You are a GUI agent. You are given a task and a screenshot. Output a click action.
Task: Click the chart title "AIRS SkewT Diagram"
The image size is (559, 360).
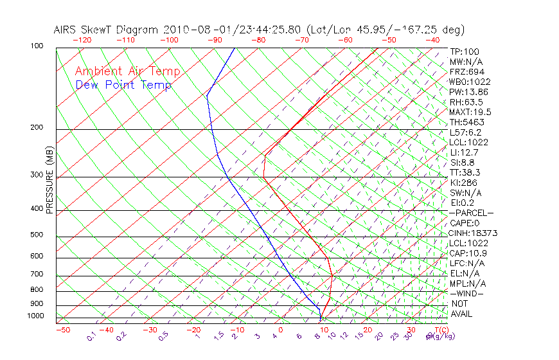click(107, 30)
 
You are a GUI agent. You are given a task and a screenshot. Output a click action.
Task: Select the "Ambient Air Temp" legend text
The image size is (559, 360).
click(127, 71)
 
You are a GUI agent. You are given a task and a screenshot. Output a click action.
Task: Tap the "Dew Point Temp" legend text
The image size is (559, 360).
click(123, 85)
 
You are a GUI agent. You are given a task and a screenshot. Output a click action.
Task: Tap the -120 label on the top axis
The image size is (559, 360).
click(82, 39)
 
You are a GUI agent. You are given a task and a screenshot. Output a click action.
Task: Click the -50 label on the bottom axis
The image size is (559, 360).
click(62, 330)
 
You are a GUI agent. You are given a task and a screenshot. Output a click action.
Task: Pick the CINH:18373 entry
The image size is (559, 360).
click(474, 233)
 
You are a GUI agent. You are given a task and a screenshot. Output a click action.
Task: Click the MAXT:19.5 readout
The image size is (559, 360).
click(470, 112)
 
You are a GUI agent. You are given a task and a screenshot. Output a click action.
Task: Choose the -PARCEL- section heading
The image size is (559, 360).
click(471, 213)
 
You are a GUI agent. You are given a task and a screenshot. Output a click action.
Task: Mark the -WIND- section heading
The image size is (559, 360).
click(466, 293)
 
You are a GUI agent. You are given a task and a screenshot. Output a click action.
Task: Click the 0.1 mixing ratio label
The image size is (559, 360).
click(91, 336)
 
